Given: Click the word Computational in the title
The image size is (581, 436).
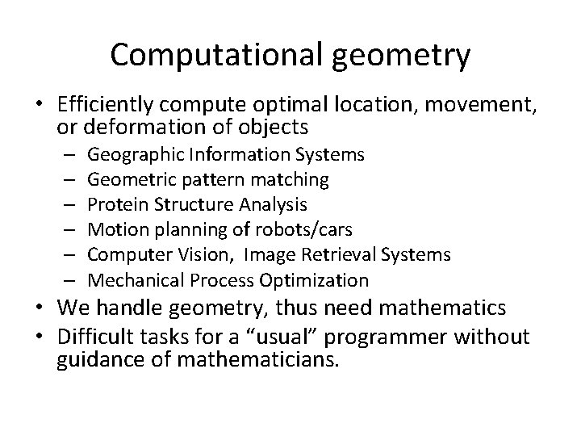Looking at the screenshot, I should (x=210, y=55).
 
